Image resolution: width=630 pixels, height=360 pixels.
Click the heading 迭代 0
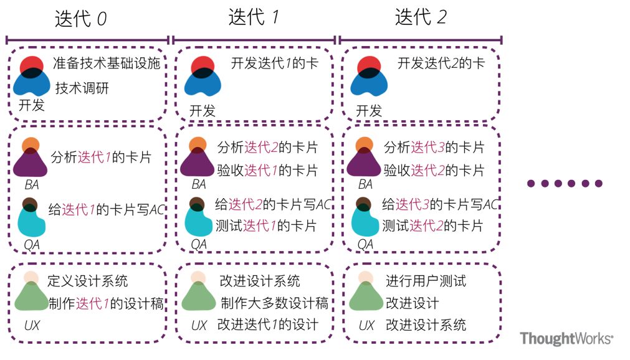(x=81, y=19)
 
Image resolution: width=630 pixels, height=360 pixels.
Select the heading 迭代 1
(x=253, y=17)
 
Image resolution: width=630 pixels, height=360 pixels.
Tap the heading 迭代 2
(x=421, y=17)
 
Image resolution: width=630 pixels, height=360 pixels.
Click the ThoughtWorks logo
(x=566, y=339)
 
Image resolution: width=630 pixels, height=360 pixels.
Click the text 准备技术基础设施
(x=107, y=63)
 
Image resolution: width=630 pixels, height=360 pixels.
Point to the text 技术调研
(x=82, y=88)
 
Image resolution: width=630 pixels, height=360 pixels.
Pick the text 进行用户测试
(x=426, y=281)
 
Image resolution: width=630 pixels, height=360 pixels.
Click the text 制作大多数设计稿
(x=274, y=303)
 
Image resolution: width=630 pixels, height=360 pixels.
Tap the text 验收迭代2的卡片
(x=434, y=170)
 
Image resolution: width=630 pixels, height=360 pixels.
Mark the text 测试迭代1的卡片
(x=265, y=225)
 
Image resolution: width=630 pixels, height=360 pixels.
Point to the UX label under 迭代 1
(x=199, y=326)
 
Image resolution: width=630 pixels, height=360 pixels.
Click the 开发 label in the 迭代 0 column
(x=32, y=105)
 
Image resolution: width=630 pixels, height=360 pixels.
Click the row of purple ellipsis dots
(x=565, y=183)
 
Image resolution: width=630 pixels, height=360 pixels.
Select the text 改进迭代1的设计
(x=267, y=324)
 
